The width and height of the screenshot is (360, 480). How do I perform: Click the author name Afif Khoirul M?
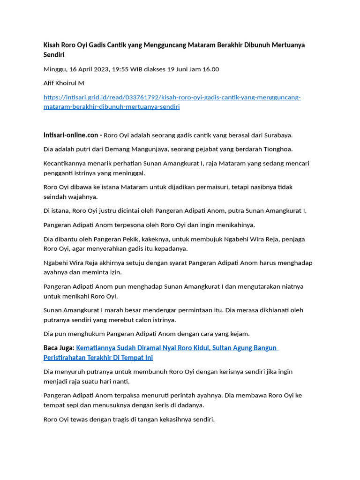(x=64, y=83)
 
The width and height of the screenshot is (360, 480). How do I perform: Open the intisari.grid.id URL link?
(x=172, y=97)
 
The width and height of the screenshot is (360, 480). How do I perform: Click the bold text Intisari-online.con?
(x=71, y=135)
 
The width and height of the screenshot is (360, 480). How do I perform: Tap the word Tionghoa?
(x=277, y=150)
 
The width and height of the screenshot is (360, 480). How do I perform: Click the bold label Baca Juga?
(x=59, y=348)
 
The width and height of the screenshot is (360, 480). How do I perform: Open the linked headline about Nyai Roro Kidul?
(x=177, y=348)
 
